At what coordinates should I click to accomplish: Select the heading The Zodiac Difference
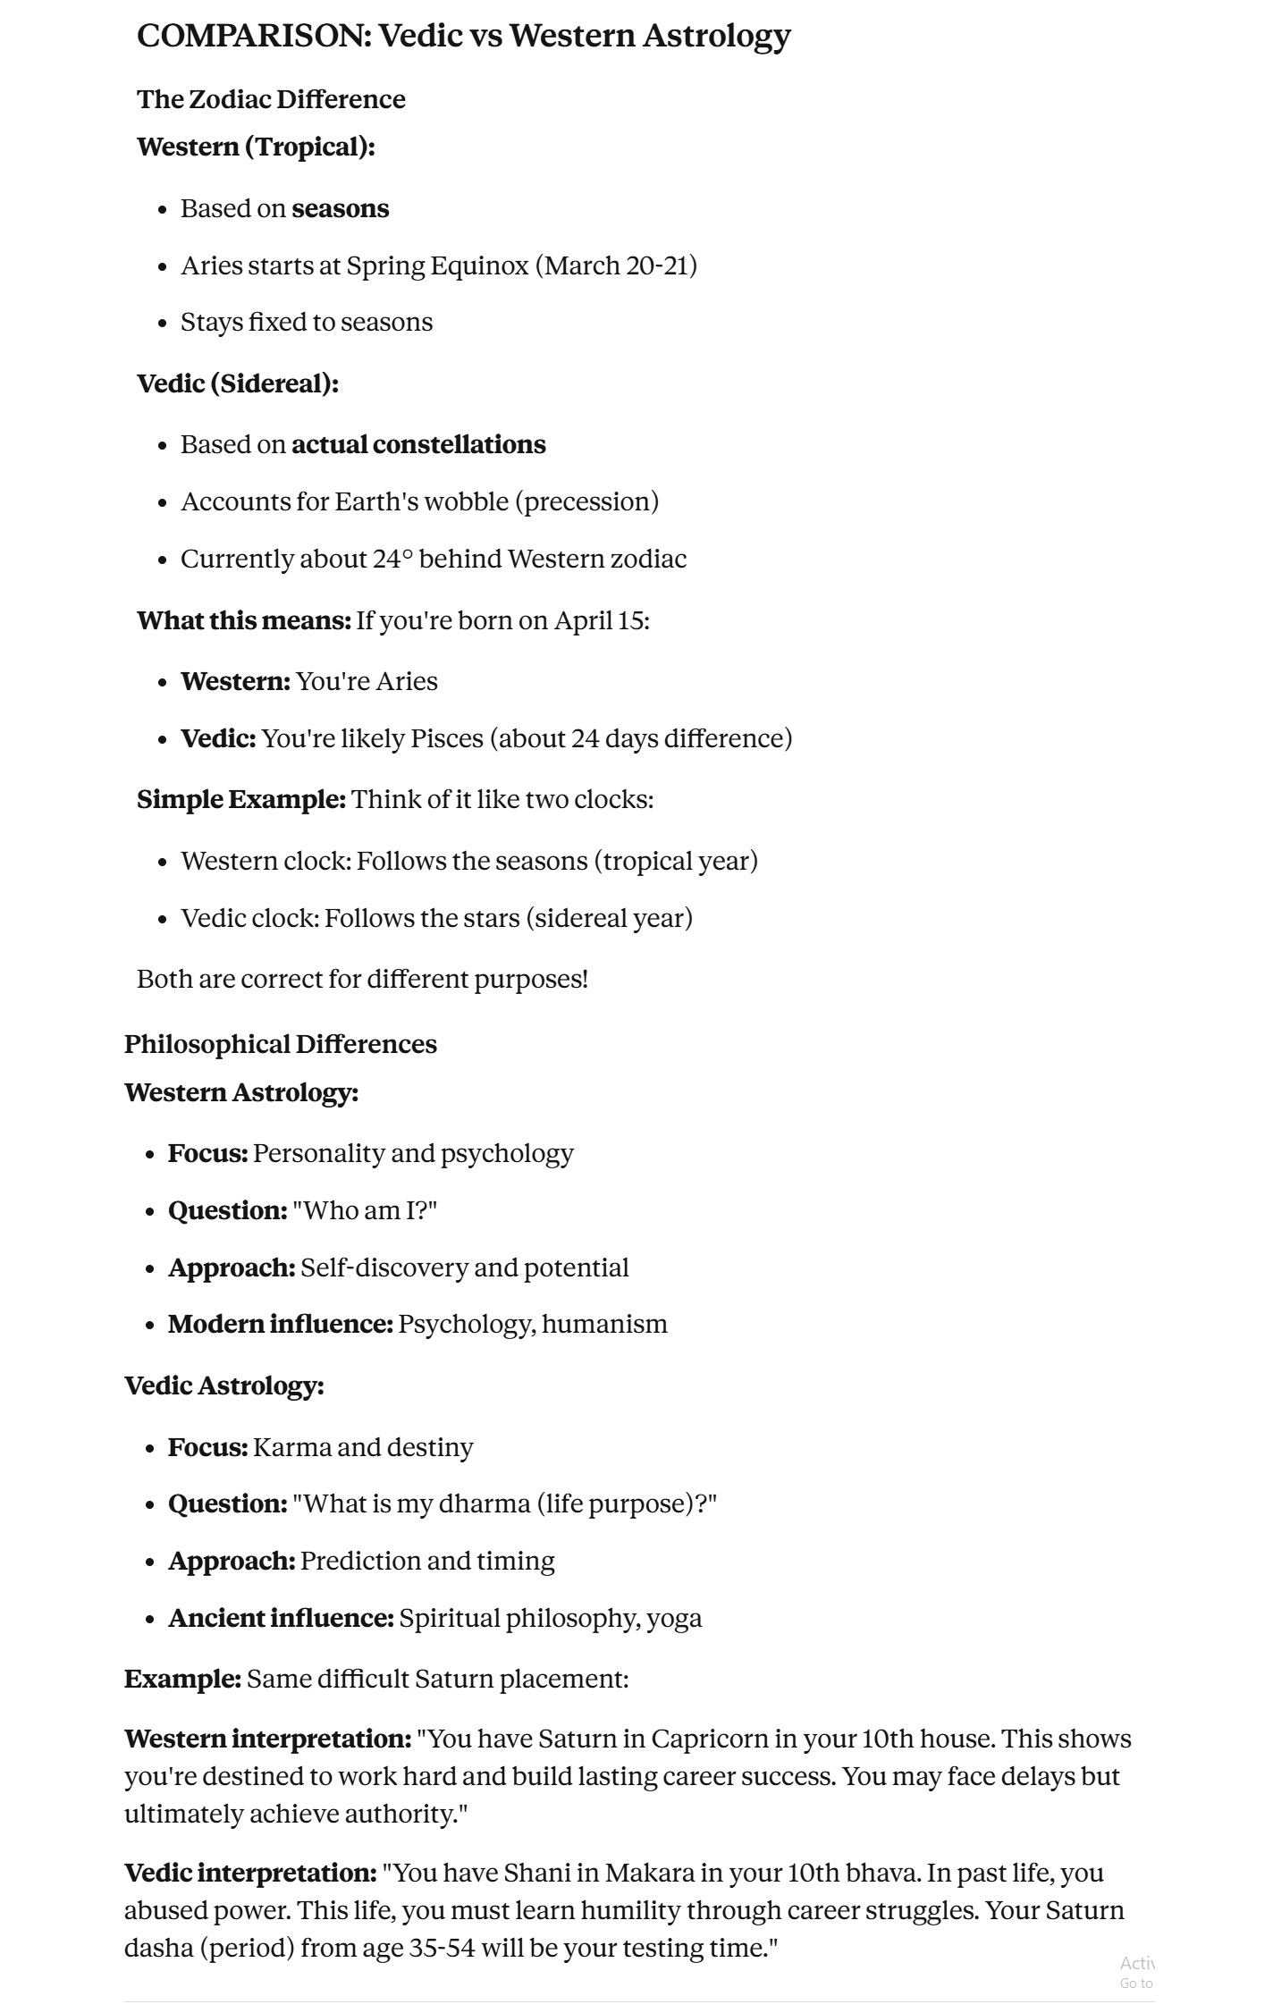271,99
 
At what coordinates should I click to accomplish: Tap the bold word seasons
341,209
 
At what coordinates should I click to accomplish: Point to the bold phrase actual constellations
418,445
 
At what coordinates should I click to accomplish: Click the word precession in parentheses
586,501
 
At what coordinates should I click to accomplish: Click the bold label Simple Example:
241,799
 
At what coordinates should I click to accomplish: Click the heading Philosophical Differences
281,1044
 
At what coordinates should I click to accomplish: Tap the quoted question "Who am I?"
365,1210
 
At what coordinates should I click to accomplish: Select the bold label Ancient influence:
281,1618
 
